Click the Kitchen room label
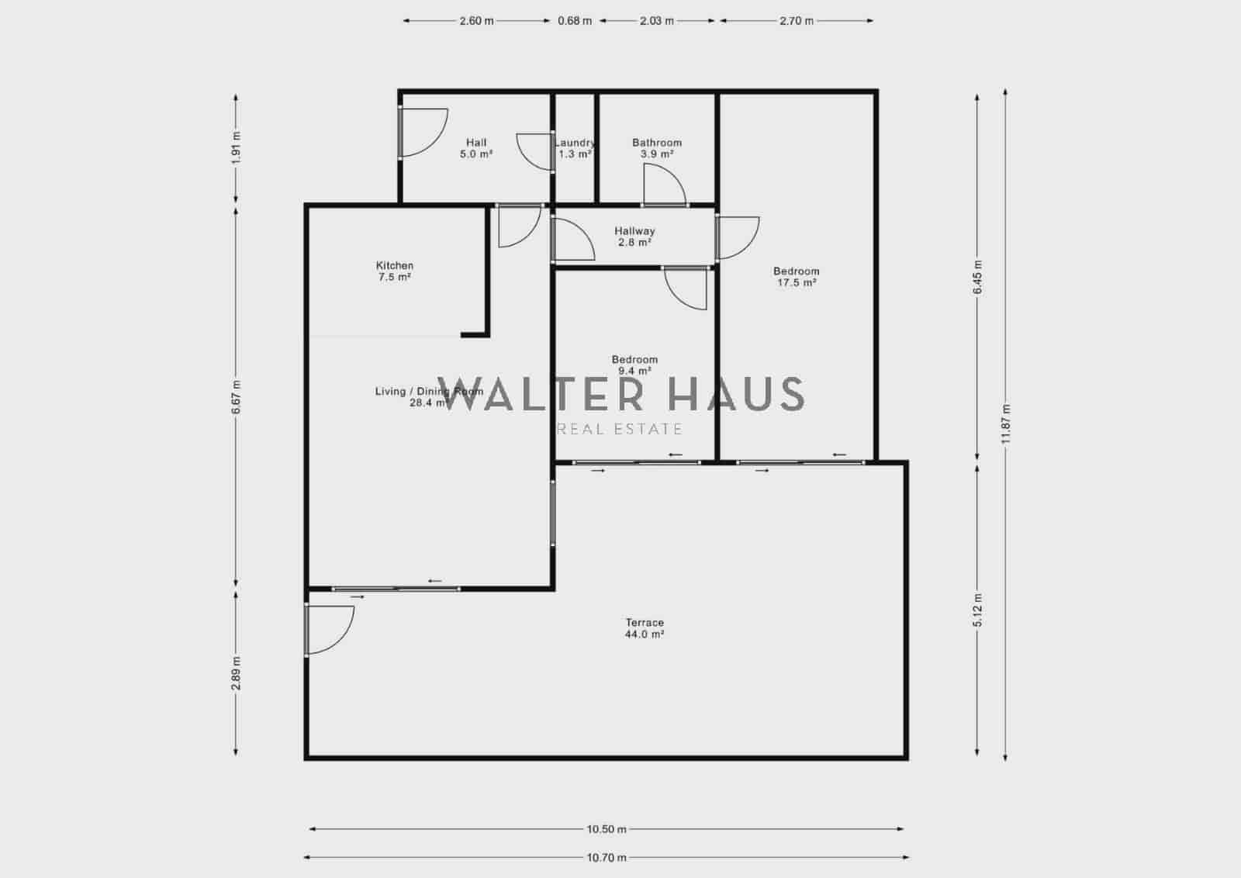395,271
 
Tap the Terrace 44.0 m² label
645,628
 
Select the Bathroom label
657,147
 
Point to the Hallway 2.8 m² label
634,236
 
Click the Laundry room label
575,147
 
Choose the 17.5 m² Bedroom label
796,277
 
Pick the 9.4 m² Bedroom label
634,365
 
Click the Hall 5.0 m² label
476,147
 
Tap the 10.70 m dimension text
607,857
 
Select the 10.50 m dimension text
607,828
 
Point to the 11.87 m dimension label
1005,424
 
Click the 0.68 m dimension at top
575,21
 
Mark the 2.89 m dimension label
237,672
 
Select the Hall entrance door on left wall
423,133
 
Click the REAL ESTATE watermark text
620,429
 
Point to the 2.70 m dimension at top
797,21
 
